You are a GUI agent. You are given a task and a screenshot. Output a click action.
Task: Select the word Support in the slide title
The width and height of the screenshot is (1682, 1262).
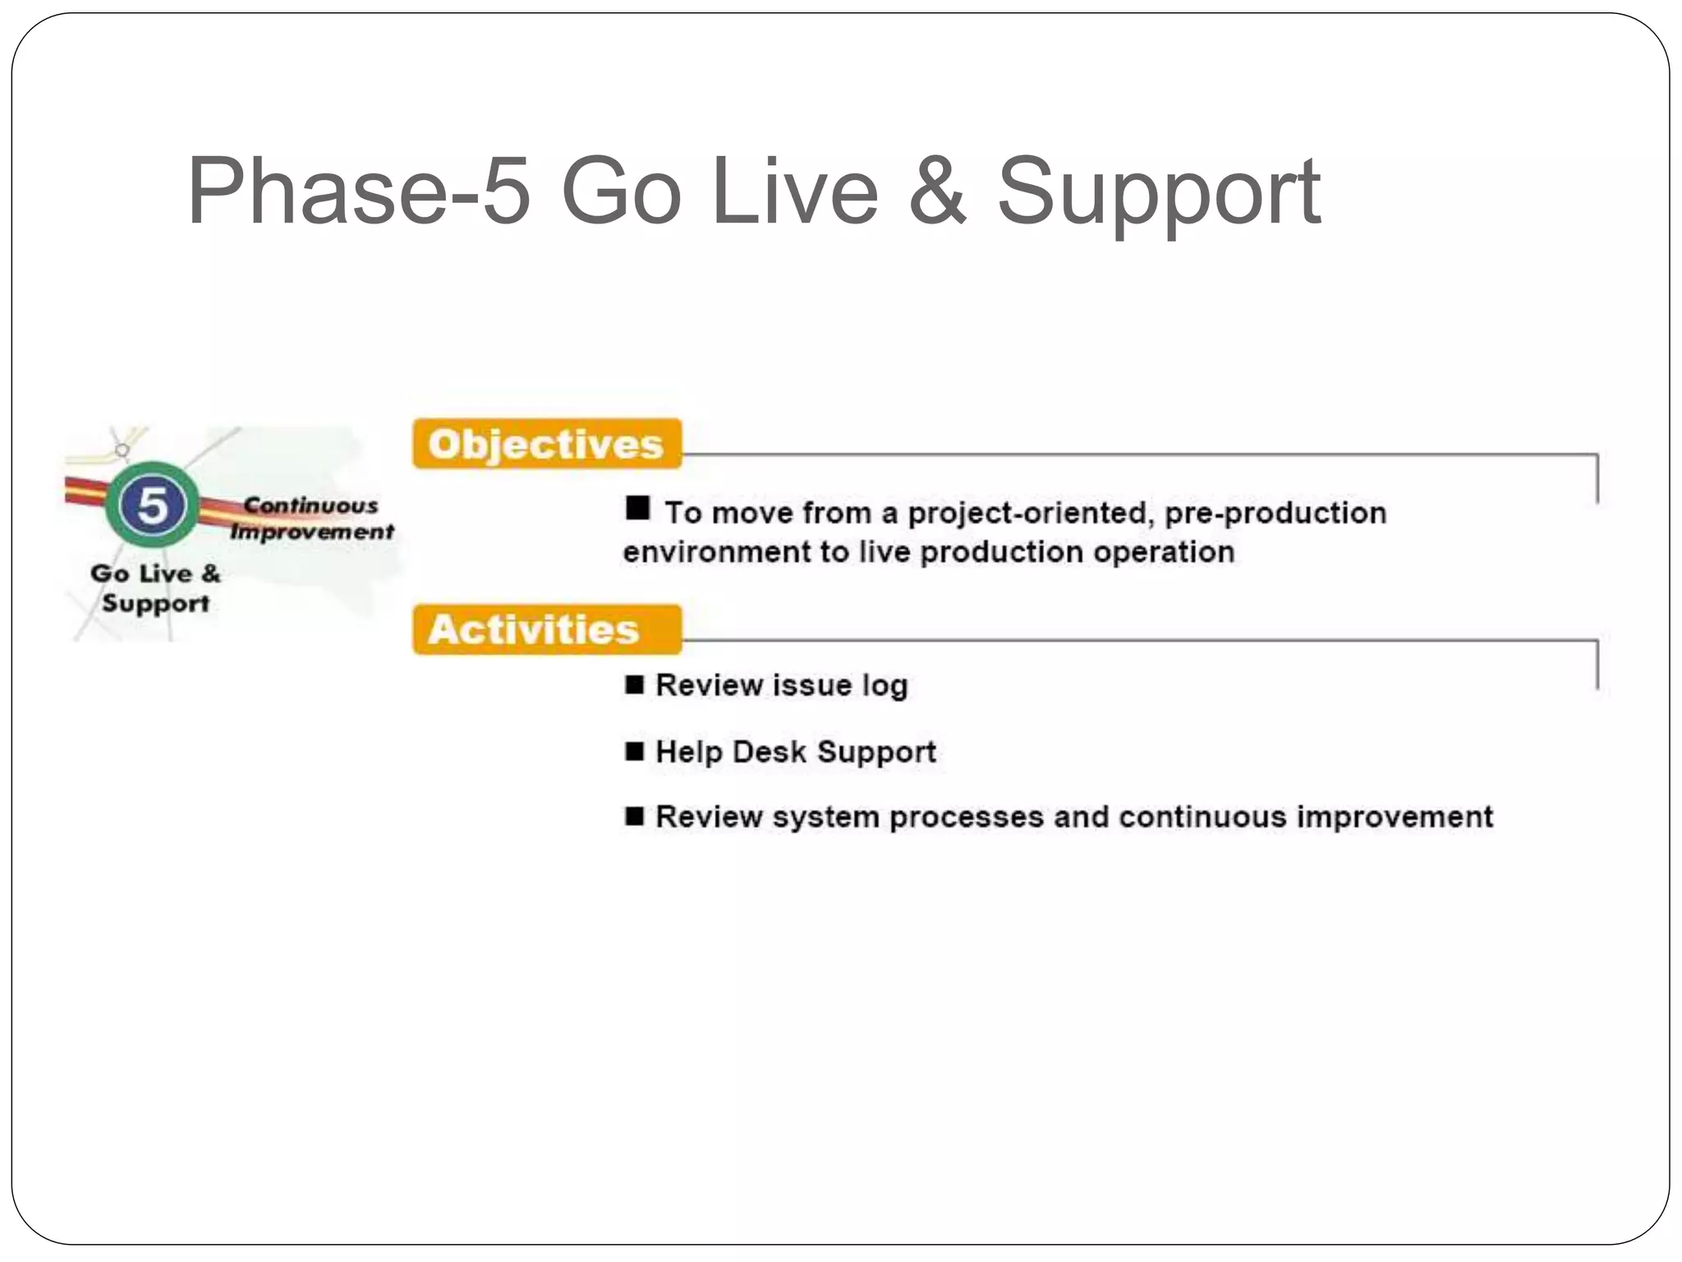pyautogui.click(x=1158, y=196)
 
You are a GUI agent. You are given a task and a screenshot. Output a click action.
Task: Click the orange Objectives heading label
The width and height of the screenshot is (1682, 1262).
pyautogui.click(x=547, y=444)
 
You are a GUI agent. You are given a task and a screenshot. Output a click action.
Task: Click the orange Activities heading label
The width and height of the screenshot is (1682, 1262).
pyautogui.click(x=547, y=629)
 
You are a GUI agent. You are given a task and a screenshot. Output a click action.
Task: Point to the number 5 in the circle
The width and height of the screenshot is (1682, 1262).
pyautogui.click(x=153, y=504)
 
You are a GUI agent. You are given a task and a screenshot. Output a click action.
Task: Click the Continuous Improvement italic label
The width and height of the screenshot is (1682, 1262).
pyautogui.click(x=312, y=518)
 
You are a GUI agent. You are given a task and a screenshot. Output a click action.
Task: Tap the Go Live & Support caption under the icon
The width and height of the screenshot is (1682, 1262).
pyautogui.click(x=155, y=587)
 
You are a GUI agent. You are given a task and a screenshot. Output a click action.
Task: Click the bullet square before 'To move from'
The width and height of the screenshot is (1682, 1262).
pyautogui.click(x=637, y=508)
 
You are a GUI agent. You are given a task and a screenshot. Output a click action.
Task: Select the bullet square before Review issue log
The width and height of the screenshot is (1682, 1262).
pyautogui.click(x=634, y=684)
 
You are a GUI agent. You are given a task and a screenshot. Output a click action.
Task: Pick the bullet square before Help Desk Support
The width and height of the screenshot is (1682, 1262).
pyautogui.click(x=634, y=750)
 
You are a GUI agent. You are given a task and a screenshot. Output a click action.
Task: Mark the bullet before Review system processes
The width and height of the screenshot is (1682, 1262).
pyautogui.click(x=634, y=816)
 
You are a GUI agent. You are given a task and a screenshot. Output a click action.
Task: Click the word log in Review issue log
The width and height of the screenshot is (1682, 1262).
pyautogui.click(x=885, y=686)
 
